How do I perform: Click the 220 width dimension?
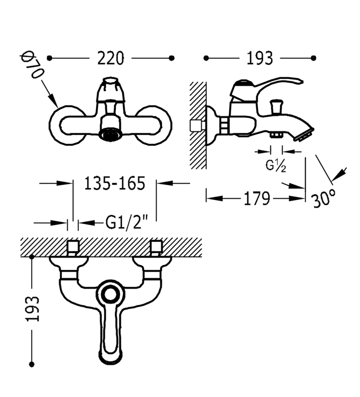click(x=110, y=58)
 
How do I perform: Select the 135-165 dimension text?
click(x=114, y=183)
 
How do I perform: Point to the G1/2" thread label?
click(x=126, y=222)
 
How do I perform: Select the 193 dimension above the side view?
click(x=260, y=59)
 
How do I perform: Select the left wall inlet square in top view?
click(x=73, y=247)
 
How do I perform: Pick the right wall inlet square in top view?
click(x=156, y=247)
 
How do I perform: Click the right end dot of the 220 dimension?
click(x=172, y=58)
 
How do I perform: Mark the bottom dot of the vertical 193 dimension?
click(x=32, y=364)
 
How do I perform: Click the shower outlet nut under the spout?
click(x=276, y=135)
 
